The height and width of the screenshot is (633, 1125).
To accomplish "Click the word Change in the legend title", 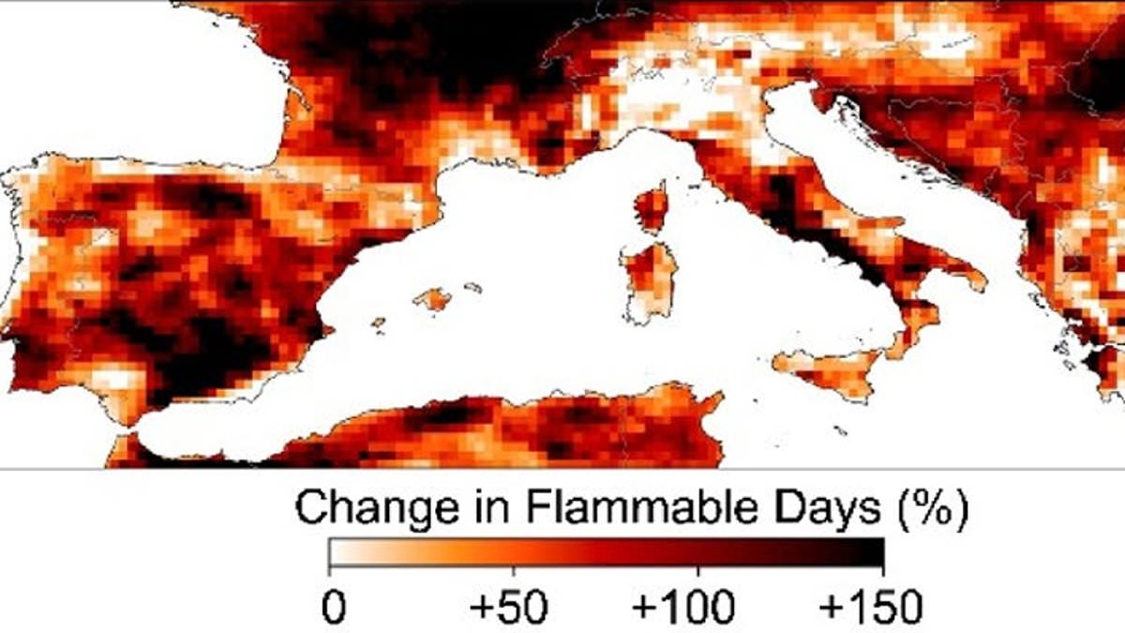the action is point(377,508).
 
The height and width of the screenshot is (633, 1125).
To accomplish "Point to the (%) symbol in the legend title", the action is point(932,509).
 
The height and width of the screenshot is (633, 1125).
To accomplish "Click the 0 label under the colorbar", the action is point(334,607).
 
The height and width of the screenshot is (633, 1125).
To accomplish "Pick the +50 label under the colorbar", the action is point(508,607).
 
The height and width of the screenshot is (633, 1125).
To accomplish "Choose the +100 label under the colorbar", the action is point(683,607).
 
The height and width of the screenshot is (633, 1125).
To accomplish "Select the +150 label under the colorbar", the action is point(870,607).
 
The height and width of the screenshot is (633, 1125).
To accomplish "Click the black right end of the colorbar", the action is point(873,552).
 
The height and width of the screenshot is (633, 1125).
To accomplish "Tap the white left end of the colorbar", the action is point(339,552).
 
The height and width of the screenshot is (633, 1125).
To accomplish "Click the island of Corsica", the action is point(652,207).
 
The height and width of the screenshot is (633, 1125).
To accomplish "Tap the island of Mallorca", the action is point(433,299).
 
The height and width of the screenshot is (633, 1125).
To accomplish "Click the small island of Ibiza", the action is point(378,322).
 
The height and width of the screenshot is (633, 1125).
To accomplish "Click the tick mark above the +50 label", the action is point(514,571).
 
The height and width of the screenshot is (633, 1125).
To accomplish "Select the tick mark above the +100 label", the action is point(698,571).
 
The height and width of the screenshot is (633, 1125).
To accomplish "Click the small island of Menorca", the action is point(473,288).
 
